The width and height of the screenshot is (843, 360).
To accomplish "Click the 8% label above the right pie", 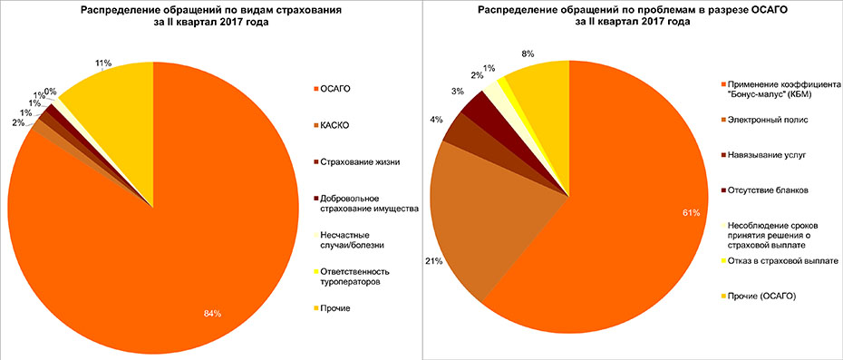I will tap(528, 54).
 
